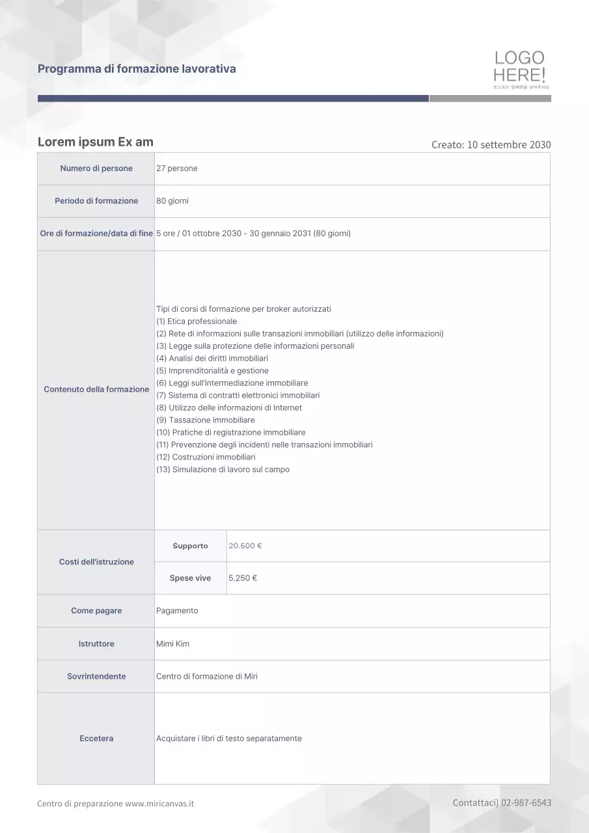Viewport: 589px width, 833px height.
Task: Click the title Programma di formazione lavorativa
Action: [x=137, y=68]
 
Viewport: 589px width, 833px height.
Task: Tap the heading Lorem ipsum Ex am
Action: [x=96, y=142]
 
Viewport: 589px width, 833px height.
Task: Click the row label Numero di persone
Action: [x=96, y=169]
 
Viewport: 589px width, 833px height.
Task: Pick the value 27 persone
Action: [x=177, y=169]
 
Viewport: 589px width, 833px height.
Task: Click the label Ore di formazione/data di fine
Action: [x=96, y=234]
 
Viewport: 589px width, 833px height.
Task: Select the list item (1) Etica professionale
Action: [x=197, y=321]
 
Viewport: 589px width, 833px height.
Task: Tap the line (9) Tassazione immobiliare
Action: [x=206, y=420]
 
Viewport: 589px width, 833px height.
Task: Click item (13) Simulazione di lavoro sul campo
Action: [x=223, y=470]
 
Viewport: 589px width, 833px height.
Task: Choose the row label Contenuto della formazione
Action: [x=96, y=389]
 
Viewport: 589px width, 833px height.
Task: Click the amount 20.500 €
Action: [x=245, y=546]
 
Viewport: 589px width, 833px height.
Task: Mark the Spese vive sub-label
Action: [x=190, y=578]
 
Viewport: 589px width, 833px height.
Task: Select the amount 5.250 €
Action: [x=243, y=578]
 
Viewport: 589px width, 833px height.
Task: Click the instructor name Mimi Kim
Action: [x=173, y=644]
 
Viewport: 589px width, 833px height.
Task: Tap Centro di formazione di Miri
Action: [x=207, y=676]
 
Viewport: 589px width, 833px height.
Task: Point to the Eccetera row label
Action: [x=96, y=739]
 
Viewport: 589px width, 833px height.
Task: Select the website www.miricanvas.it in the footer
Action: [x=159, y=804]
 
